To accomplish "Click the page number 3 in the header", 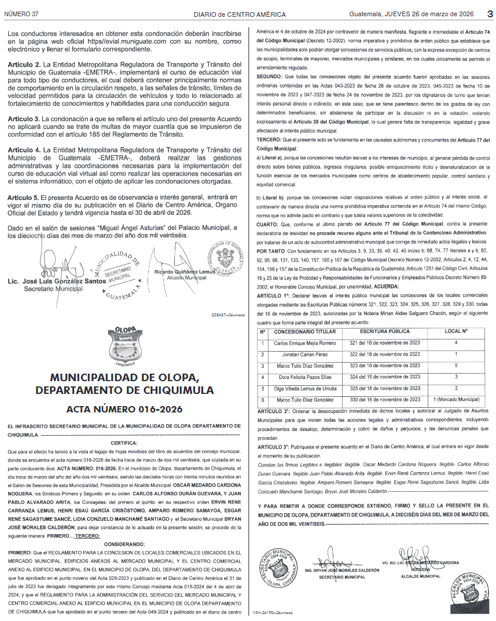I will (488, 13).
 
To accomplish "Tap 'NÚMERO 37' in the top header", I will (21, 13).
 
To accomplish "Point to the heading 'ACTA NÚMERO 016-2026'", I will (124, 409).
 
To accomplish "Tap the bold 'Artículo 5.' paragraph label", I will (23, 198).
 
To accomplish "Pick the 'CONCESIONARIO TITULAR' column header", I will (304, 331).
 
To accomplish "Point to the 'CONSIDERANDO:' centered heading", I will (124, 545).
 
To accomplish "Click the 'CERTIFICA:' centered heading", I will (124, 443).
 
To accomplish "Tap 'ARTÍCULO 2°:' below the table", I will (273, 411).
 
